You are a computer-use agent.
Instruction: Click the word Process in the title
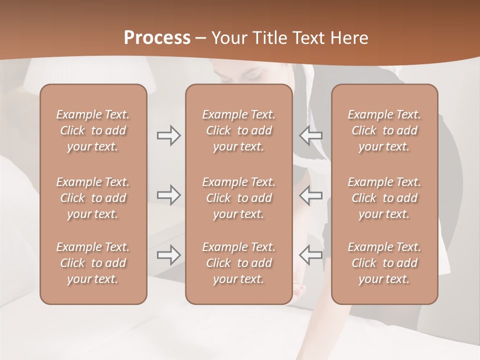(157, 38)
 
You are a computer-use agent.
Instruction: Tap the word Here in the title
(348, 38)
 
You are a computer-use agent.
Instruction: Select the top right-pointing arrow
(168, 135)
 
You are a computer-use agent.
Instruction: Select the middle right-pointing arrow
(168, 195)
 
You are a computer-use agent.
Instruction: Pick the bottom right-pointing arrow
(168, 254)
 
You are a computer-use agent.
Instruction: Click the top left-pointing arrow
(311, 135)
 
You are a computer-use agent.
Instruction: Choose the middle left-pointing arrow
(311, 195)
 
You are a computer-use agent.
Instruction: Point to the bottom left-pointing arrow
(311, 254)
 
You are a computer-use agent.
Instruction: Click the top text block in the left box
(93, 130)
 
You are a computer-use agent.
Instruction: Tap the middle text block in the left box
(93, 198)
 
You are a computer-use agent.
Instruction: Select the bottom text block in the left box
(93, 263)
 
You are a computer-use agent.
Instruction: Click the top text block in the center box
(239, 130)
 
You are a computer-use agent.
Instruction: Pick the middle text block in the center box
(239, 198)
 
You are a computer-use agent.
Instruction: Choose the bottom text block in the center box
(239, 263)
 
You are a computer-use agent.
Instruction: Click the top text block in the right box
(384, 130)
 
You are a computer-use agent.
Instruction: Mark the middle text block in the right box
(384, 198)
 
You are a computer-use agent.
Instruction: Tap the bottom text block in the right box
(384, 263)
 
